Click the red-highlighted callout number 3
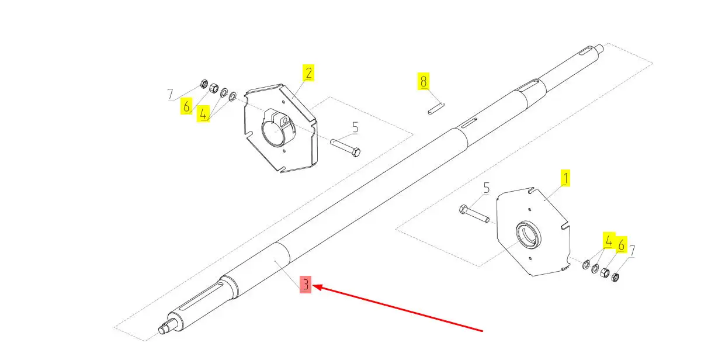coord(306,285)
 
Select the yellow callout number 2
coord(308,73)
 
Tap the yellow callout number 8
coord(424,81)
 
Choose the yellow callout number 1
coord(565,178)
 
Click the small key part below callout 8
coord(436,108)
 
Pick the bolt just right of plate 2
coord(345,147)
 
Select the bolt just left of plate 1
coord(474,213)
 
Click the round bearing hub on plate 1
coord(528,235)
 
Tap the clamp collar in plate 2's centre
coord(278,129)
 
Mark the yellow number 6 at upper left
coord(186,106)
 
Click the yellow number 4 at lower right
coord(608,241)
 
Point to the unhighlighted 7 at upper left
coord(170,94)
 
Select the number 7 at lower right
coord(632,251)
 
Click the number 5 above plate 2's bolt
coord(355,127)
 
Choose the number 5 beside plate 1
coord(486,188)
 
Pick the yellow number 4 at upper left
coord(203,113)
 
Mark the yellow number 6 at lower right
coord(621,244)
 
